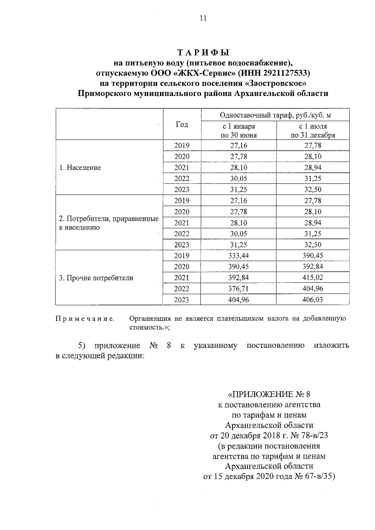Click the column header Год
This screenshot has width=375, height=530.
pos(182,124)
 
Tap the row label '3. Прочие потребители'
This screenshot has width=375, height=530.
pos(96,278)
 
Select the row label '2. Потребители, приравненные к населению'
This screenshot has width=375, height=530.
pos(109,223)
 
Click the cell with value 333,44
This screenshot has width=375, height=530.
pos(238,256)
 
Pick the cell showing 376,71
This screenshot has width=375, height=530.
pos(238,289)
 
